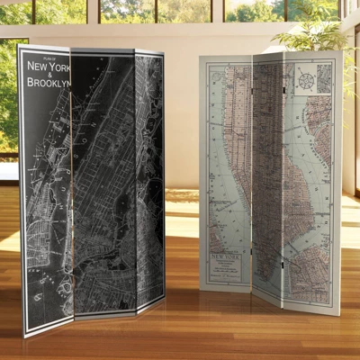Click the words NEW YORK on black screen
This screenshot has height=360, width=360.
click(x=47, y=67)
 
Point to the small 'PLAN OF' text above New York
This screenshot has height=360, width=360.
click(x=37, y=58)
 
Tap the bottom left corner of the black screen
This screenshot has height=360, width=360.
click(x=26, y=332)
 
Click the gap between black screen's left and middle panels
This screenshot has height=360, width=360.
click(x=70, y=180)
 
